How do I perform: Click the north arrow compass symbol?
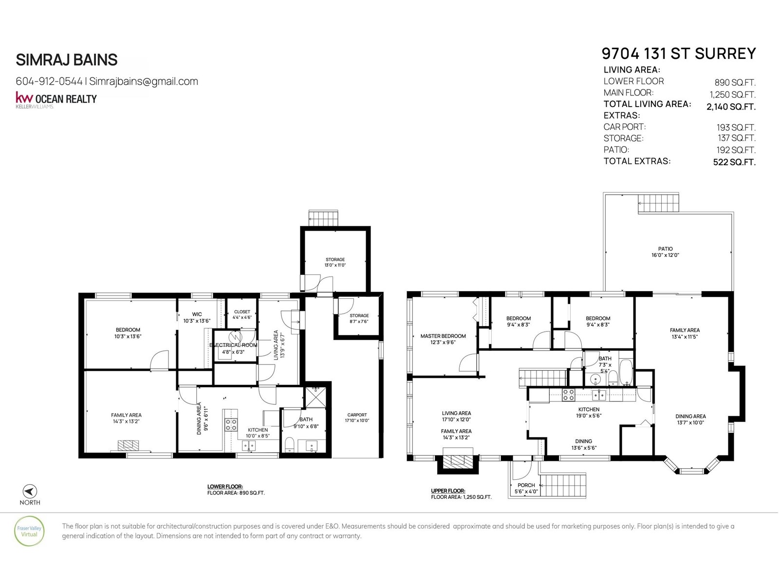coord(30,491)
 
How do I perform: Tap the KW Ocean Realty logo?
coord(56,99)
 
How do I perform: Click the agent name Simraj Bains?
coord(67,59)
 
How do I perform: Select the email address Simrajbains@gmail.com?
coord(143,81)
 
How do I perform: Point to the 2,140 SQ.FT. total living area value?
coord(731,107)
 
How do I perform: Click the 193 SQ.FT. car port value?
coord(736,128)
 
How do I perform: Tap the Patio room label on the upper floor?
coord(665,252)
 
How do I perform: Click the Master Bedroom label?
coord(443,339)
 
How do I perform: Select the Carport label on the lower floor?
coord(357,418)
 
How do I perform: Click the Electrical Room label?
coord(233,345)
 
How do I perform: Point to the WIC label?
coord(197,314)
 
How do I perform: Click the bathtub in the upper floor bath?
coord(626,372)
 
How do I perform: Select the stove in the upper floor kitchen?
coord(568,395)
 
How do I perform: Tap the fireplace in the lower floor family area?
coord(128,445)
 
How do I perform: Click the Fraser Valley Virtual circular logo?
coord(30,531)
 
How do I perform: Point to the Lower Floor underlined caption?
coord(225,487)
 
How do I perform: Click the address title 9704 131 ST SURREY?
coord(679,54)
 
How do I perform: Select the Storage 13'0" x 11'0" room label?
coord(335,262)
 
